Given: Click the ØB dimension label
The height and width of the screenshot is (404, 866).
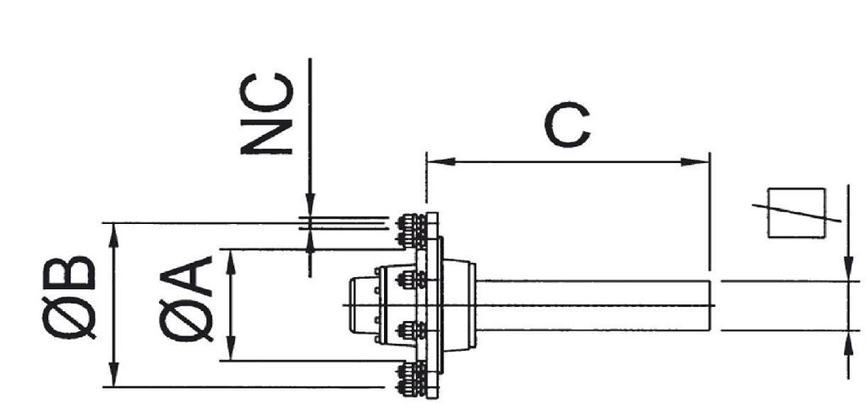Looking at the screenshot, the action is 69,297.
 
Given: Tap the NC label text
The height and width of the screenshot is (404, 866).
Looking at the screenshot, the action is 266,113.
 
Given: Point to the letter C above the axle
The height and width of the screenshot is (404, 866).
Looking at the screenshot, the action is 567,125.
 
